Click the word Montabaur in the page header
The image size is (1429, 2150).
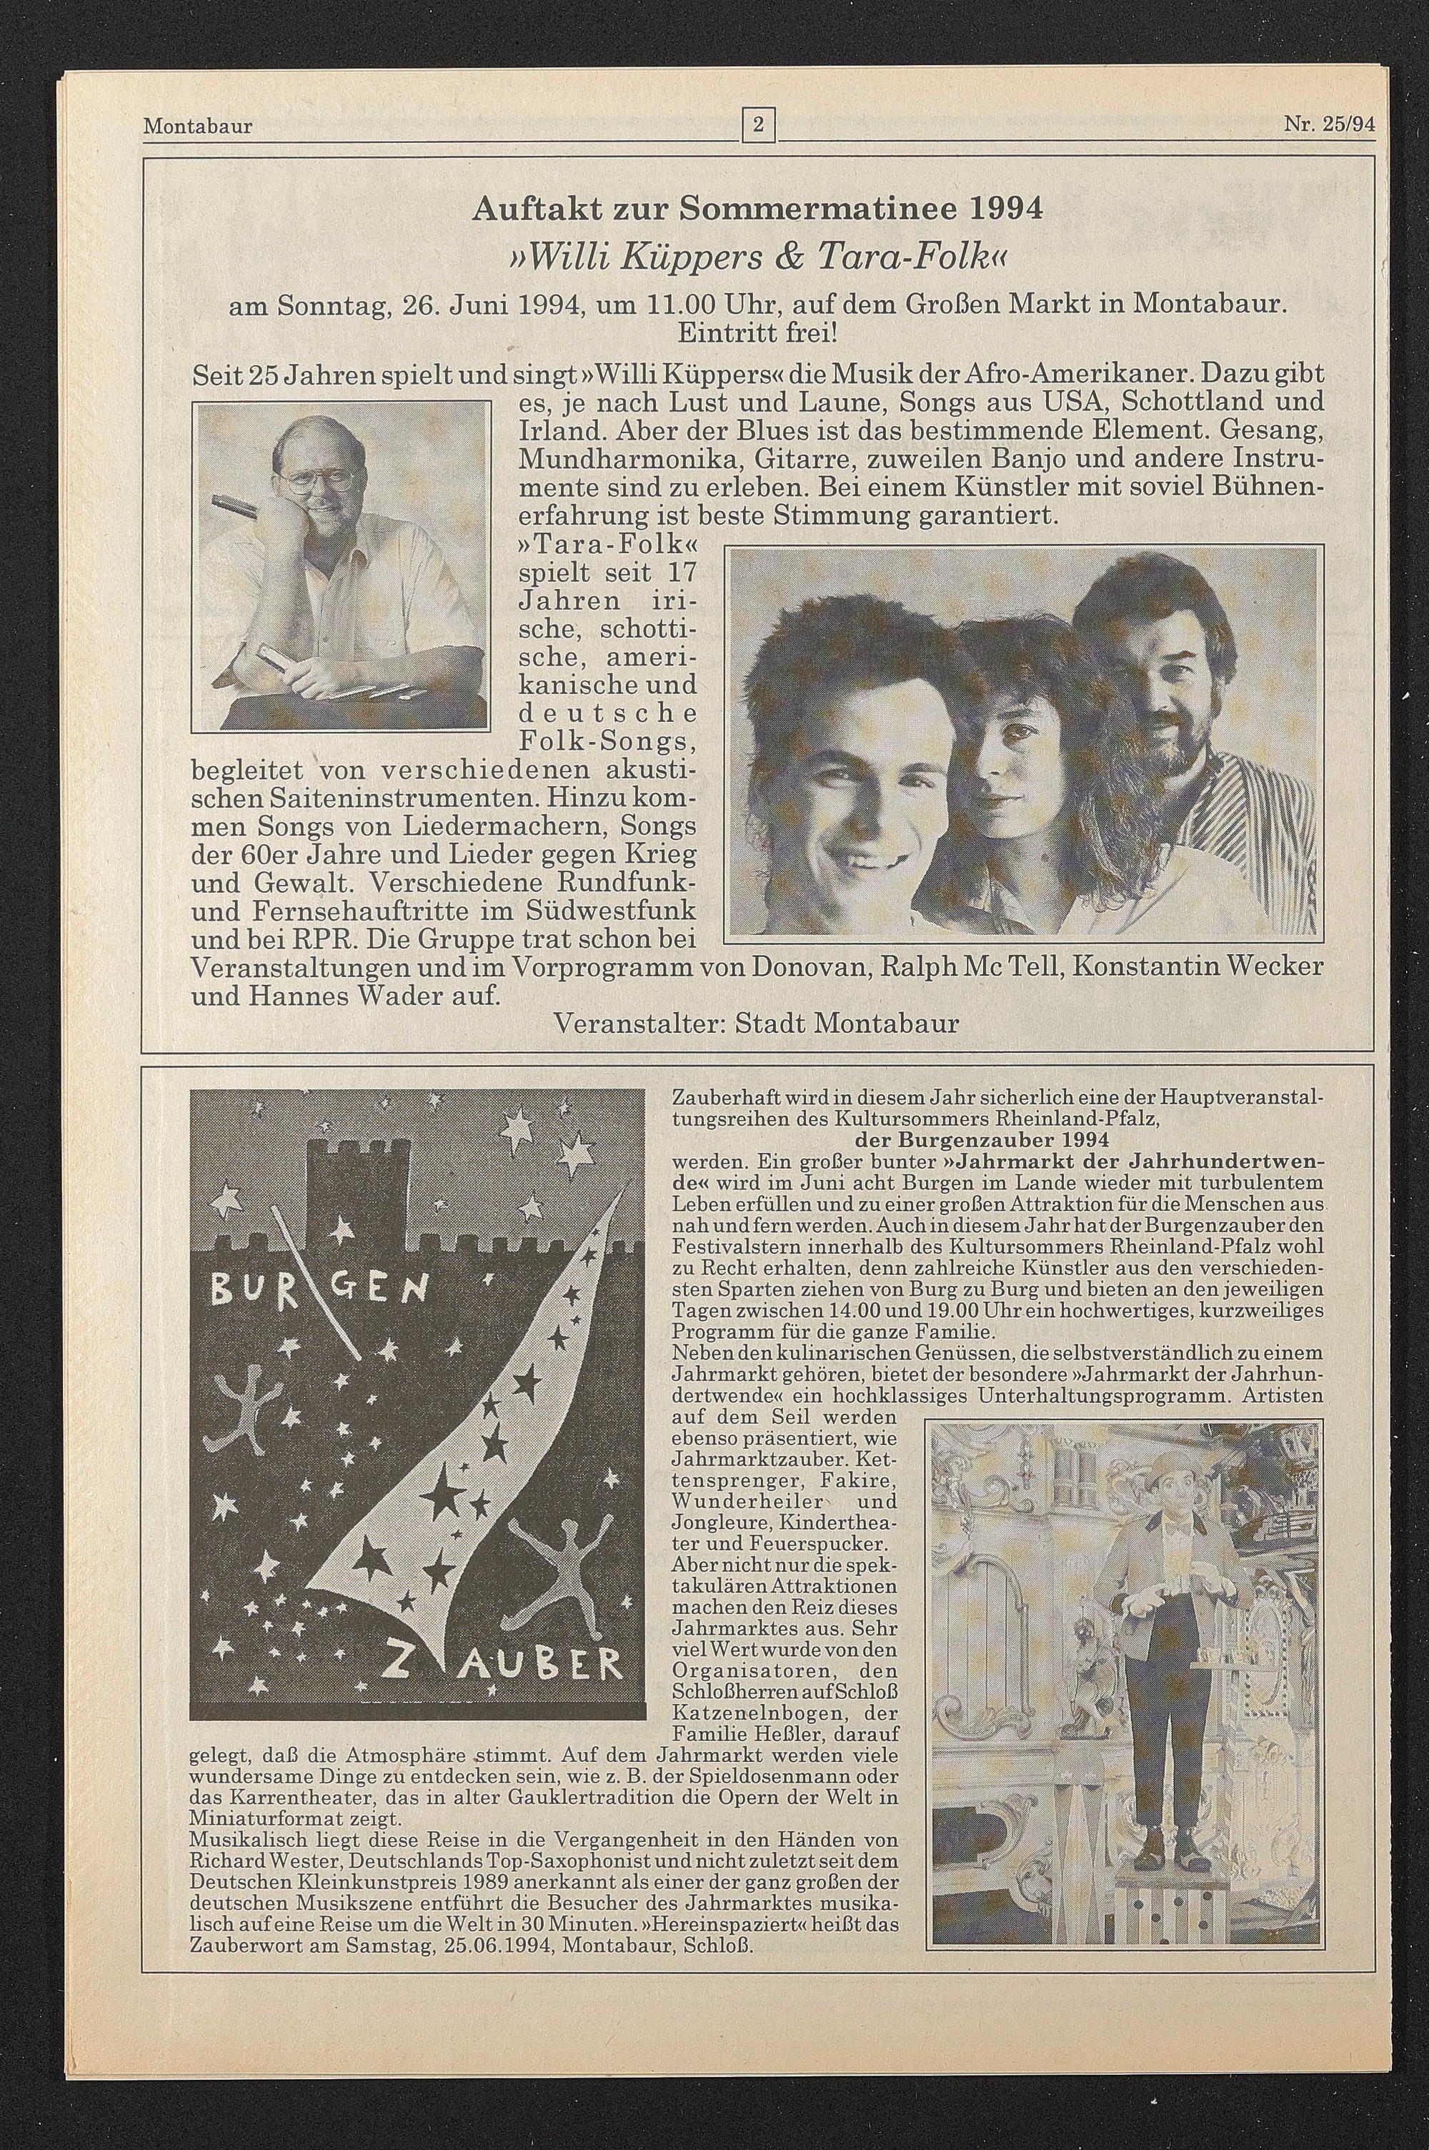[198, 126]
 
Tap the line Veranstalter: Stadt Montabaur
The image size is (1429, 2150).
[757, 1023]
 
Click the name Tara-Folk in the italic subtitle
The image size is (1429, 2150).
[874, 262]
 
